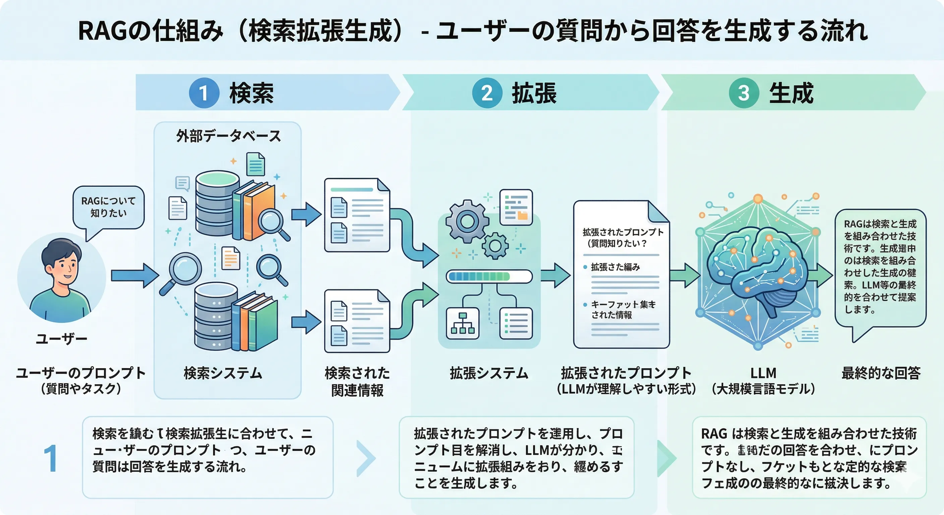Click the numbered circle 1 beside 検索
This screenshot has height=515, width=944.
tap(204, 93)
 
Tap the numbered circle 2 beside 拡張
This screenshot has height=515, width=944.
tap(487, 93)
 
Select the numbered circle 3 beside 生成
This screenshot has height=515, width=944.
tap(744, 93)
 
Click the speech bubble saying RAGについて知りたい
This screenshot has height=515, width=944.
tap(109, 208)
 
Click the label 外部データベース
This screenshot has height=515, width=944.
tap(228, 136)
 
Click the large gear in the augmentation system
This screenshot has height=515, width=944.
tap(467, 221)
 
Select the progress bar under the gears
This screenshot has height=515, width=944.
tap(489, 276)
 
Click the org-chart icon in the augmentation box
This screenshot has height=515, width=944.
tap(463, 323)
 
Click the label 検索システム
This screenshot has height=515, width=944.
tap(223, 373)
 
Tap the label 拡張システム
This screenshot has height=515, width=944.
tap(489, 373)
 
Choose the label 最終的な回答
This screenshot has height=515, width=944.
tap(881, 373)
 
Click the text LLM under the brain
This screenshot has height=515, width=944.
tap(763, 373)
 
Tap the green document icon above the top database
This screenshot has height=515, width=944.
tap(256, 164)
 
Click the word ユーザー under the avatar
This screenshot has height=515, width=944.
tap(62, 338)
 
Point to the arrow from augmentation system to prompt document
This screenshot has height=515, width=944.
tap(555, 276)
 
